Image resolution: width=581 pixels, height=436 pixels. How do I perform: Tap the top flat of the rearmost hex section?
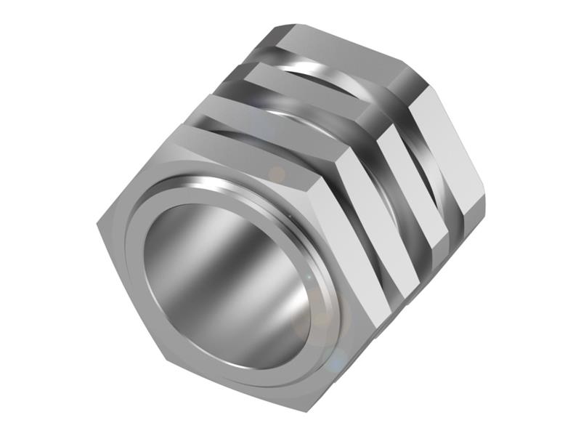click(x=341, y=54)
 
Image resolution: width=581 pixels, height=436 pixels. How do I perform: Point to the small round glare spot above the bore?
click(x=276, y=174)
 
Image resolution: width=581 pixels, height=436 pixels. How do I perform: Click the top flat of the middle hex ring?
click(x=305, y=87)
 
